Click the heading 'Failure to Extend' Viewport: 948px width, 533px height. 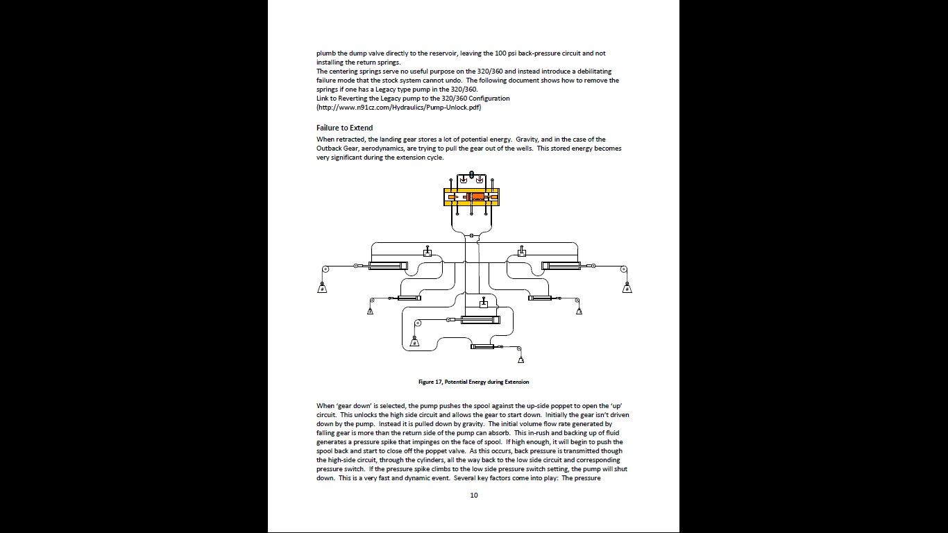tap(344, 128)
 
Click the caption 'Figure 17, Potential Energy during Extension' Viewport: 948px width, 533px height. tap(473, 382)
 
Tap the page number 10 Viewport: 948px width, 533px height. tap(474, 495)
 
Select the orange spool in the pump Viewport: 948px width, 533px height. tap(477, 198)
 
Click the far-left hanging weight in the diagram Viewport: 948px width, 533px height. tap(322, 288)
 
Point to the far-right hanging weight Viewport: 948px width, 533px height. tap(627, 288)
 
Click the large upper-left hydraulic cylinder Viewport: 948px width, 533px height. tap(388, 266)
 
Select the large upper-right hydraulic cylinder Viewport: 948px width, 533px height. tap(561, 266)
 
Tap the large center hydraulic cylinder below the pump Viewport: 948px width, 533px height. tap(480, 320)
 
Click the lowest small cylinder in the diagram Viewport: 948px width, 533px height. tap(482, 346)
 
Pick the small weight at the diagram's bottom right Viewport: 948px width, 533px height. tap(520, 359)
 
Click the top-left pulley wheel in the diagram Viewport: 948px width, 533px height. tap(325, 269)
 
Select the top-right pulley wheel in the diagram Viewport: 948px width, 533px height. tap(624, 269)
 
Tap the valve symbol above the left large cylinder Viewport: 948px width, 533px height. tap(428, 253)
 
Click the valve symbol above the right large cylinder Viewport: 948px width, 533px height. tap(521, 253)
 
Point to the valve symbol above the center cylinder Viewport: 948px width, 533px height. tap(484, 303)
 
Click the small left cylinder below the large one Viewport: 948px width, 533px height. tap(409, 298)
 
